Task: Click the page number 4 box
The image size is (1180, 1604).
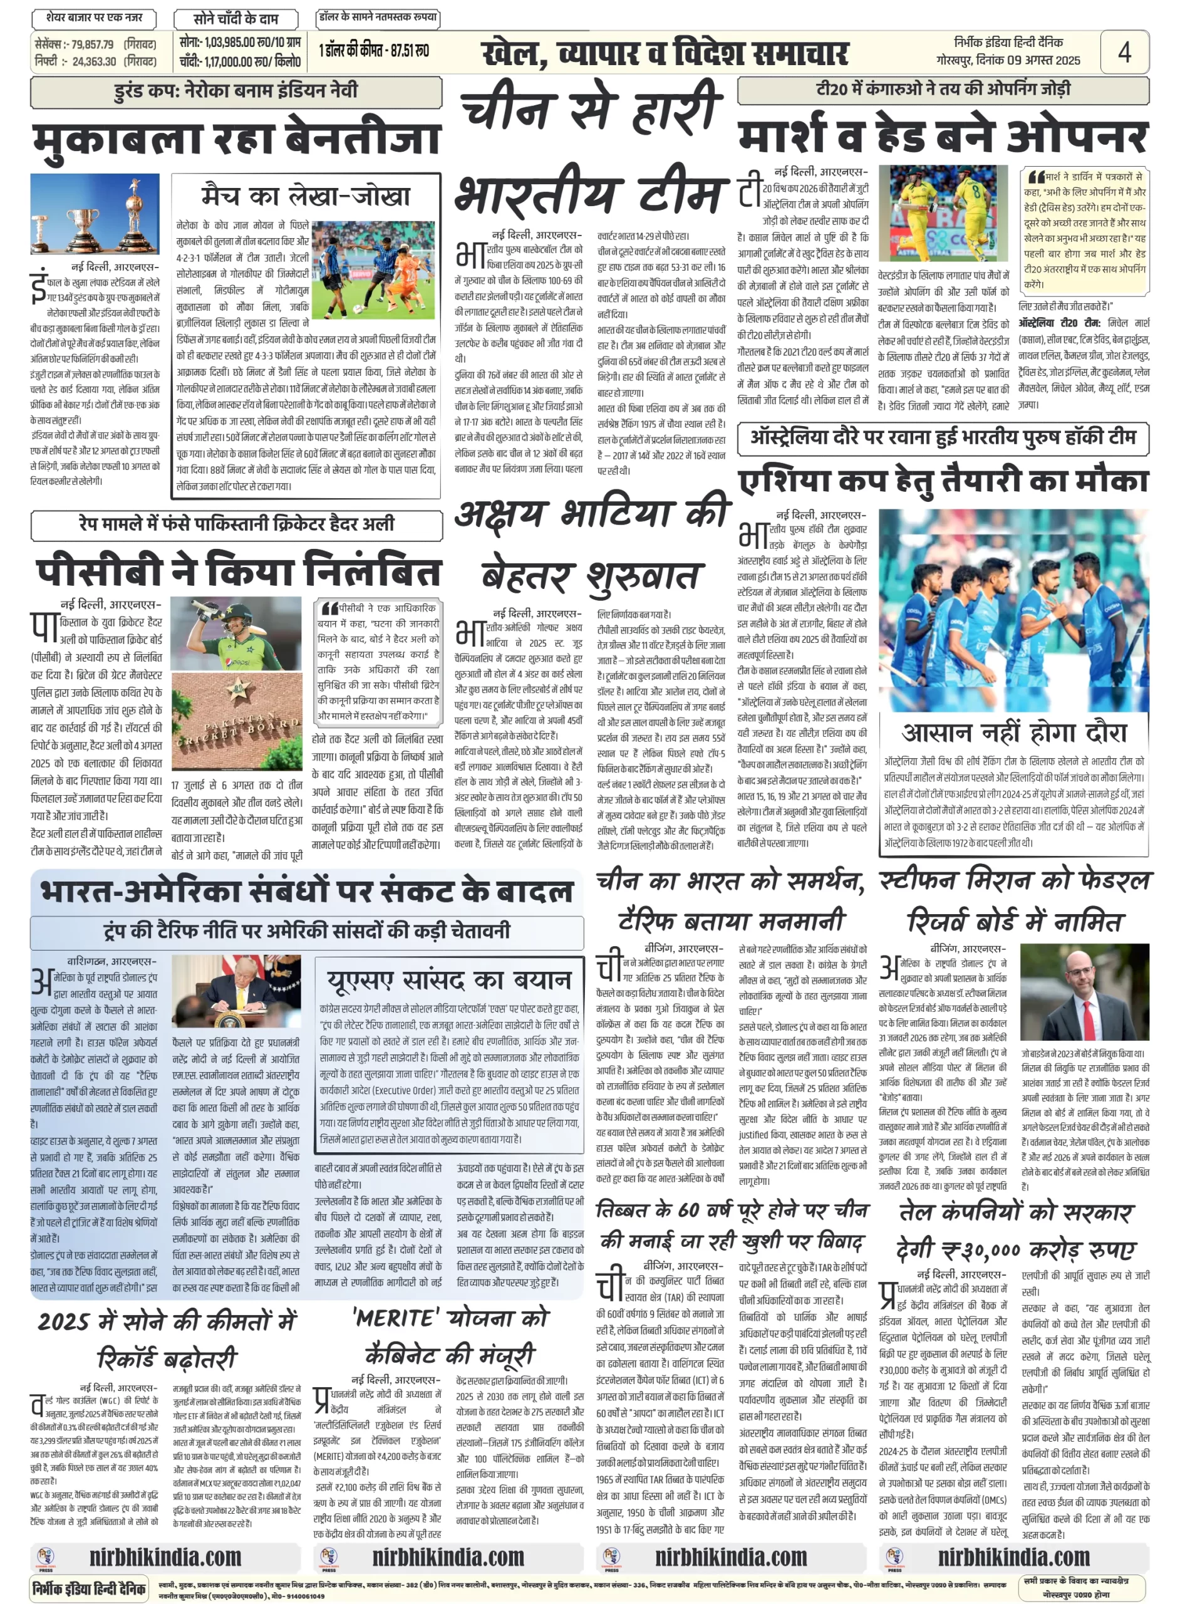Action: click(1124, 51)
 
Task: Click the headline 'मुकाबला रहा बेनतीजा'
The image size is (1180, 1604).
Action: click(236, 138)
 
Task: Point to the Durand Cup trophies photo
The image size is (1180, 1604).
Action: click(95, 214)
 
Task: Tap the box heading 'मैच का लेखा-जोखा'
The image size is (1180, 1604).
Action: click(305, 195)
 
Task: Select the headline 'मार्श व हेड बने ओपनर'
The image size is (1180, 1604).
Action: click(943, 136)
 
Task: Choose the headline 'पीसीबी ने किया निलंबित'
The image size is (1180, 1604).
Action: click(238, 571)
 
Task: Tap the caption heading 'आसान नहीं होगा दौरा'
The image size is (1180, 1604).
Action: click(1013, 732)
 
